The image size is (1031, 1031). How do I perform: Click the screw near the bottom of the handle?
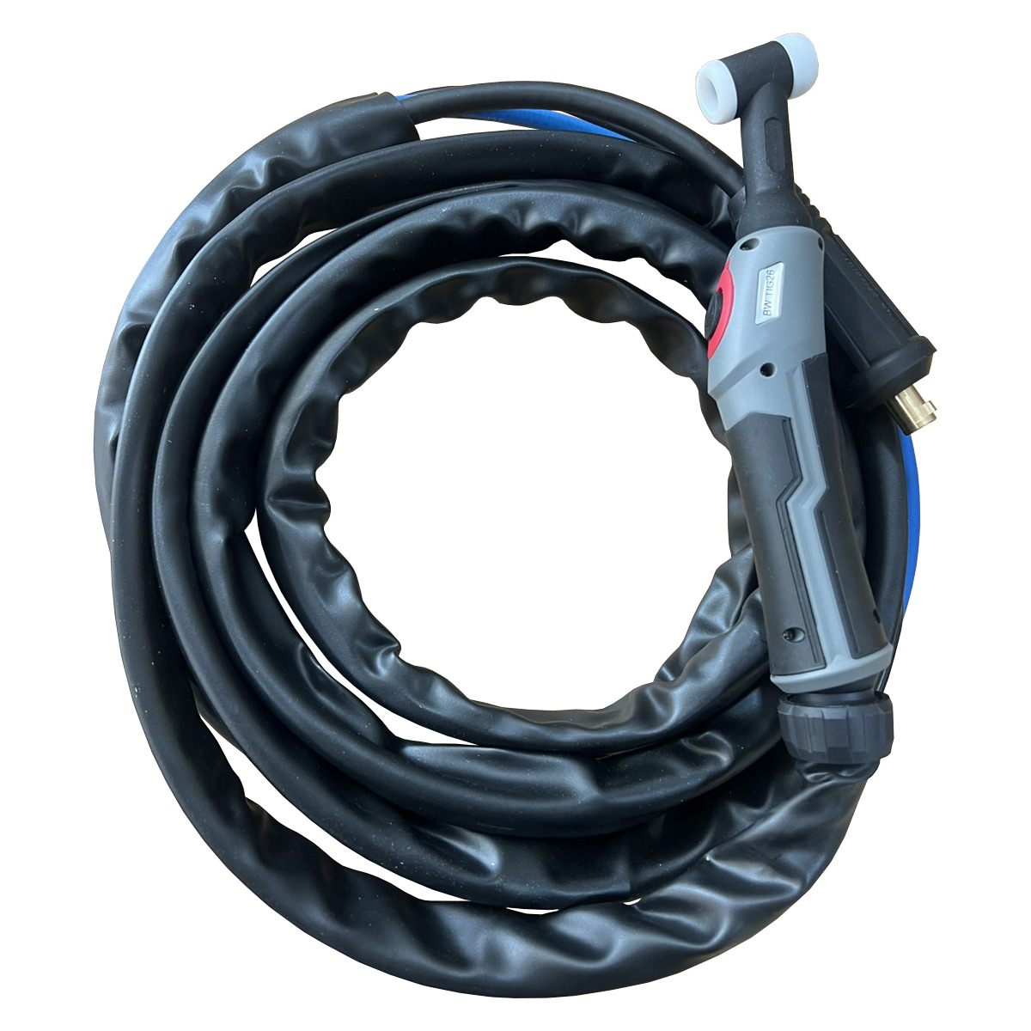click(786, 634)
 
